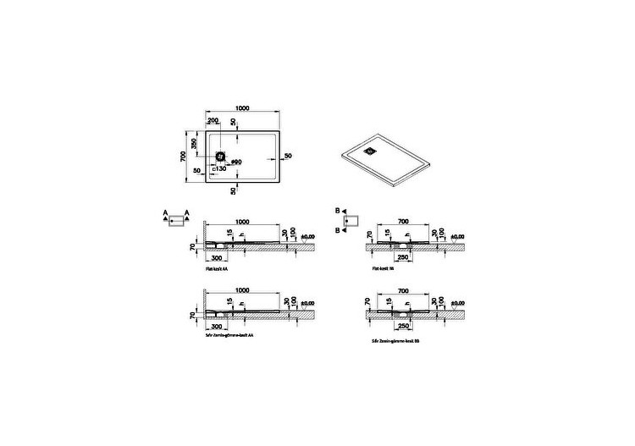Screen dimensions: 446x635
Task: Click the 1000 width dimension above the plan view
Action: coord(243,109)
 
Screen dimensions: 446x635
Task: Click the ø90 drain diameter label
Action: coord(236,161)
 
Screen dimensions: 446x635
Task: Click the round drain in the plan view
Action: coord(221,157)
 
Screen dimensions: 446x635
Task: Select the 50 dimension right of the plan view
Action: coord(288,157)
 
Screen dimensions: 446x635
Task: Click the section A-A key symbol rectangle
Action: coord(175,222)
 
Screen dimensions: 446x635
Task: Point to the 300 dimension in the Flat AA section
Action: coord(217,256)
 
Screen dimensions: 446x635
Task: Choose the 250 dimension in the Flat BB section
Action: coord(404,256)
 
